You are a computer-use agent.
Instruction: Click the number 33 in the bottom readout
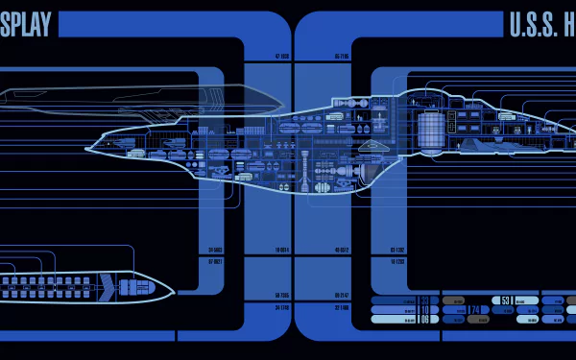pos(423,300)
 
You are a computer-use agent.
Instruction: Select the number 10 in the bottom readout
pos(423,310)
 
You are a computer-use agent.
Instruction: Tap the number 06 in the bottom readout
pos(423,320)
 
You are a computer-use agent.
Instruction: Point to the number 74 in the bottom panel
pos(473,310)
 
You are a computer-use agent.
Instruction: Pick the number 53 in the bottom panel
pos(506,300)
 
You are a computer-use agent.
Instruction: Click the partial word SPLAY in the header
pos(26,24)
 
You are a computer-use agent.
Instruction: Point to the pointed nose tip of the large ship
pos(87,149)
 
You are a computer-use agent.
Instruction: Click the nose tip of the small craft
pos(172,287)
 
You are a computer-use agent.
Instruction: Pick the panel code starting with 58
pos(282,295)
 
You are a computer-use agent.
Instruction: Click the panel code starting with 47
pos(282,57)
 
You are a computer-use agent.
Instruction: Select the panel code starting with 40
pos(341,251)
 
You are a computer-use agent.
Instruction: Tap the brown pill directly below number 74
pos(478,320)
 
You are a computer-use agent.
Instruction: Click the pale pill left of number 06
pos(393,320)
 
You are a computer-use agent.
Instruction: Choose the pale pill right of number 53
pos(527,300)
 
